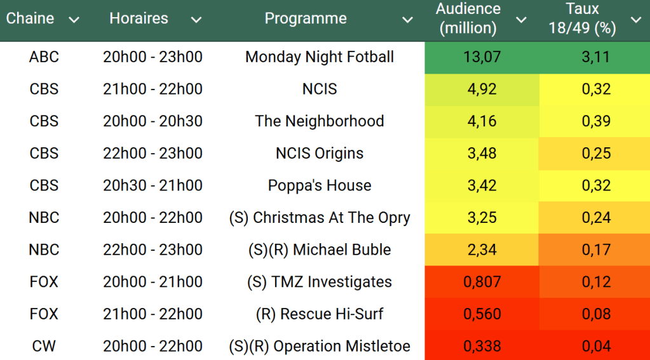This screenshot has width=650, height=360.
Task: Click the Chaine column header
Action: (x=30, y=19)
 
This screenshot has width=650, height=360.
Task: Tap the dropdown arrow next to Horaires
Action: (x=196, y=20)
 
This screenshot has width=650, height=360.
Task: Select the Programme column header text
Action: (x=306, y=19)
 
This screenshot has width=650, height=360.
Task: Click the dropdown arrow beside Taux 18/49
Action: (x=636, y=20)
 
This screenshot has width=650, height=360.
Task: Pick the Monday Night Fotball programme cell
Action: (x=320, y=57)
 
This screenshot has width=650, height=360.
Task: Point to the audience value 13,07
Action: (x=482, y=57)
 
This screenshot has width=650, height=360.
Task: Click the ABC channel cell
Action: (x=44, y=57)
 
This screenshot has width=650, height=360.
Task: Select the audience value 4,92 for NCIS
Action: (x=482, y=90)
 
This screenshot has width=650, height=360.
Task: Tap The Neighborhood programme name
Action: (x=320, y=121)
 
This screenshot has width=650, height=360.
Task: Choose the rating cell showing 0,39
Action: (x=596, y=121)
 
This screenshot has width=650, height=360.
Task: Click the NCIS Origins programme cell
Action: (x=320, y=154)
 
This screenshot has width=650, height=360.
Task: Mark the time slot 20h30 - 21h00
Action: (x=152, y=186)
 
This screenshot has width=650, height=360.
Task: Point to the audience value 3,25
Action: (x=482, y=218)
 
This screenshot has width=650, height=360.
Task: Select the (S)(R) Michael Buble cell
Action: (x=320, y=250)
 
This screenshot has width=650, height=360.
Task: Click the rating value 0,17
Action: (x=596, y=250)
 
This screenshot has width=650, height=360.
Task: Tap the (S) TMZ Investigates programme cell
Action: (x=320, y=282)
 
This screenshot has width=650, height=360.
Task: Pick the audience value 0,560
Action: (x=482, y=314)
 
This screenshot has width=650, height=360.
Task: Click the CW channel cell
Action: (x=44, y=347)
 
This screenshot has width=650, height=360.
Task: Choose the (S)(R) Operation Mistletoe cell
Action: (x=320, y=347)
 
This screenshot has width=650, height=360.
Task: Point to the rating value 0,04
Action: (x=596, y=347)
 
